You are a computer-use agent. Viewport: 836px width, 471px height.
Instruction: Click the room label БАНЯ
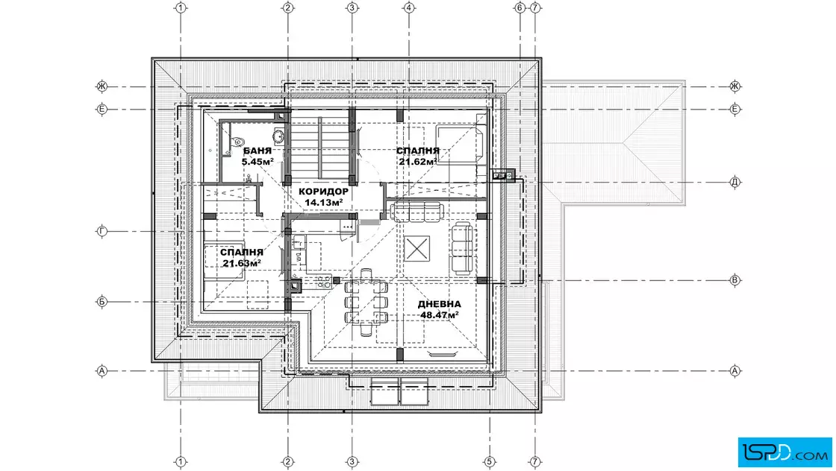pyautogui.click(x=257, y=151)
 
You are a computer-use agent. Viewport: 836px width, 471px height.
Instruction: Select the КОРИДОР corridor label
pyautogui.click(x=324, y=191)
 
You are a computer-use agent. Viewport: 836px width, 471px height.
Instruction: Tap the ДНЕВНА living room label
pyautogui.click(x=440, y=304)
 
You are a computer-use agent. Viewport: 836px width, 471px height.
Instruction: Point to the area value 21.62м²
pyautogui.click(x=419, y=161)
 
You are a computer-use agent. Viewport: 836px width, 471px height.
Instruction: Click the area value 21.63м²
pyautogui.click(x=242, y=263)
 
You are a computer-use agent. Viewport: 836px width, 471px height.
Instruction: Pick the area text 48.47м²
pyautogui.click(x=440, y=314)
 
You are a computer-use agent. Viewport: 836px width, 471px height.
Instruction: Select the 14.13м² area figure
pyautogui.click(x=324, y=202)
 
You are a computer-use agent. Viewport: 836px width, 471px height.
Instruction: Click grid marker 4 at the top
pyautogui.click(x=409, y=7)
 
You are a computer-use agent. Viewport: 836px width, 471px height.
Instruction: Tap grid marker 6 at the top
pyautogui.click(x=520, y=7)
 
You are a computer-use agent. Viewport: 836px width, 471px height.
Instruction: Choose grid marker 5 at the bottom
pyautogui.click(x=490, y=461)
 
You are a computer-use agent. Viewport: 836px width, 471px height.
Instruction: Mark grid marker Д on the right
pyautogui.click(x=734, y=182)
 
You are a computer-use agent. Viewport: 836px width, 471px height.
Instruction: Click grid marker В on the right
pyautogui.click(x=734, y=280)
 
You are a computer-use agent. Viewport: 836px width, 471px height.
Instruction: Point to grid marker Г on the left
pyautogui.click(x=102, y=231)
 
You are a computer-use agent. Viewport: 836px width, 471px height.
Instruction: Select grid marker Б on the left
pyautogui.click(x=102, y=302)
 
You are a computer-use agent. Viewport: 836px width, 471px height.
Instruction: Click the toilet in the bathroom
pyautogui.click(x=237, y=142)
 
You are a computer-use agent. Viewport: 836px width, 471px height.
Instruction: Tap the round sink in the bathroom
pyautogui.click(x=279, y=136)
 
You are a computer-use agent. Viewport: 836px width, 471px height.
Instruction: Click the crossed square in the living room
pyautogui.click(x=417, y=248)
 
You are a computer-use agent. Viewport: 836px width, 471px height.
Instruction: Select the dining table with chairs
pyautogui.click(x=366, y=303)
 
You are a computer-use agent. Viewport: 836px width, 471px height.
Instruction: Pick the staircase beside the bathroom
pyautogui.click(x=320, y=148)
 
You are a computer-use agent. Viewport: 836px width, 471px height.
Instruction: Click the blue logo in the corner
pyautogui.click(x=784, y=452)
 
